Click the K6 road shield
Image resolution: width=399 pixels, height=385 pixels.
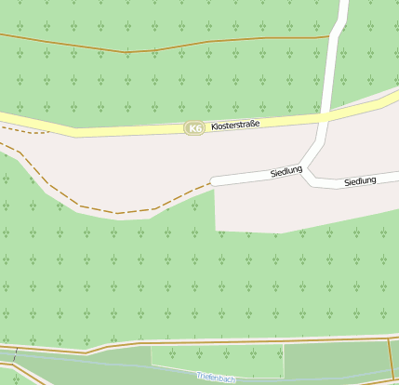point(194,127)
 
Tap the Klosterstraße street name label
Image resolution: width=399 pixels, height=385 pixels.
point(235,125)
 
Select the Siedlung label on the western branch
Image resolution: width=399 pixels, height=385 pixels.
point(286,172)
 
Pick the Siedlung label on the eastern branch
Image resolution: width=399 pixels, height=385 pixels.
point(360,180)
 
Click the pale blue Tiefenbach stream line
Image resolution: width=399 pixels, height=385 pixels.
point(112,365)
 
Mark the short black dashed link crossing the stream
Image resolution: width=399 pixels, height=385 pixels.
point(16,353)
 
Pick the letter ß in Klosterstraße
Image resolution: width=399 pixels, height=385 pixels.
point(250,124)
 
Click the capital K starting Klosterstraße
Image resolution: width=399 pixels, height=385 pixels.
point(214,126)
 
